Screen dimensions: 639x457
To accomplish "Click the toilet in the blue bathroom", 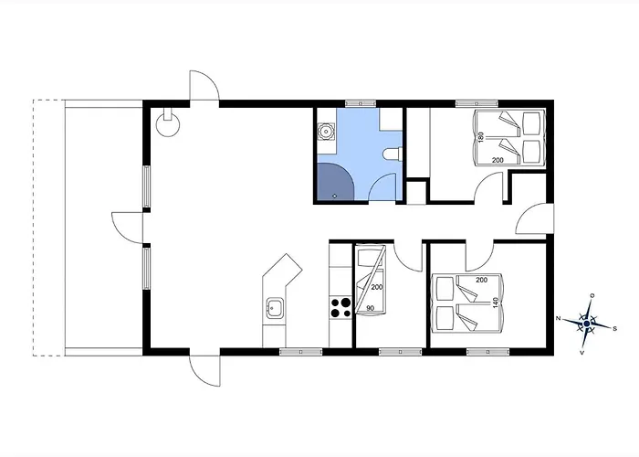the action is (x=392, y=154).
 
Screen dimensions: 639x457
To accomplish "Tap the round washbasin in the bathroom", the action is (x=326, y=132).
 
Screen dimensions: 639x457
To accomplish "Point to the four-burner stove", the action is (x=340, y=307).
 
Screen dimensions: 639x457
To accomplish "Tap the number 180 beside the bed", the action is (x=481, y=137).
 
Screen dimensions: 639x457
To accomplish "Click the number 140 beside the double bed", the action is (x=496, y=303).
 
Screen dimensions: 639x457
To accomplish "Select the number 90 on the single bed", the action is (x=370, y=308).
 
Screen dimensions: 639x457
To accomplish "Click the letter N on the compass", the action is (x=559, y=318).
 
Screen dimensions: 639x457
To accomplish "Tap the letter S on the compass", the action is (x=615, y=328).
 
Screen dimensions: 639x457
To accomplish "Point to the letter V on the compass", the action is (x=581, y=352).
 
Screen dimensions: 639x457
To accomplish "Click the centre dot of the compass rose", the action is (x=587, y=324).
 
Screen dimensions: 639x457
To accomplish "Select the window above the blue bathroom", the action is (x=361, y=103).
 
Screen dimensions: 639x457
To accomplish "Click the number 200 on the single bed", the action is (x=377, y=287).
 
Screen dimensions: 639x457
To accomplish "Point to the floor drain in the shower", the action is (x=335, y=196).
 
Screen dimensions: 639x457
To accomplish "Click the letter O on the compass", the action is (x=592, y=295).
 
